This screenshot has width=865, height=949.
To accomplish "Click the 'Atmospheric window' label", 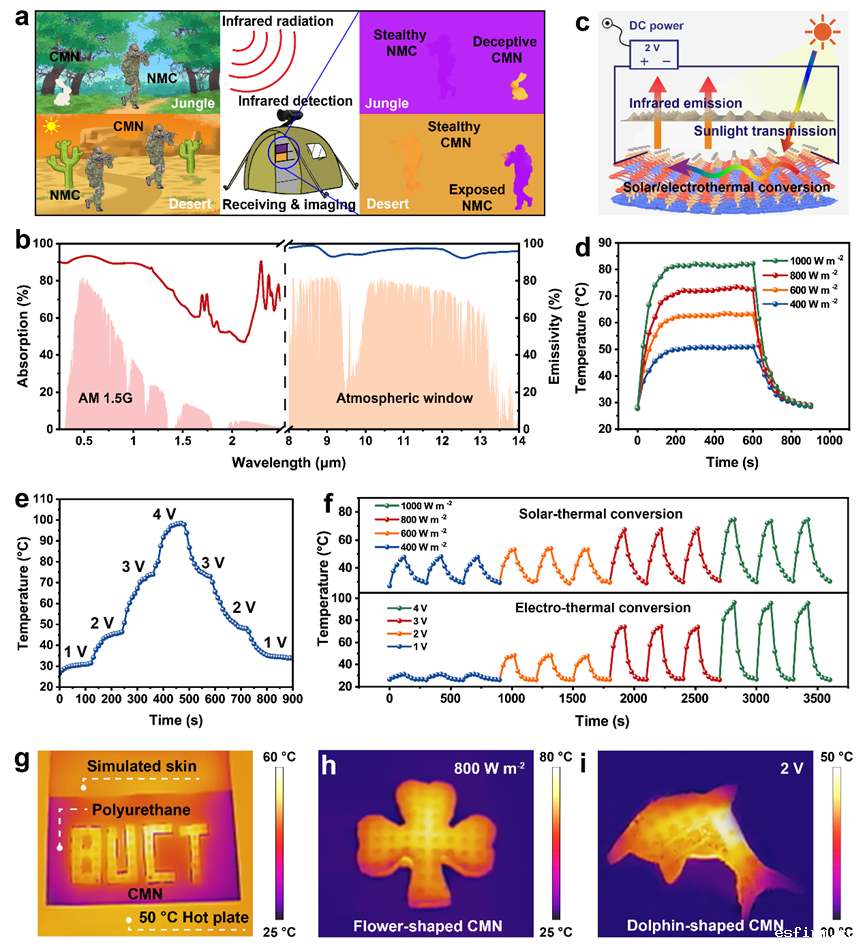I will click(x=410, y=398).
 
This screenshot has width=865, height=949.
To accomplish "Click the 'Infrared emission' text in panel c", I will click(x=685, y=102).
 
